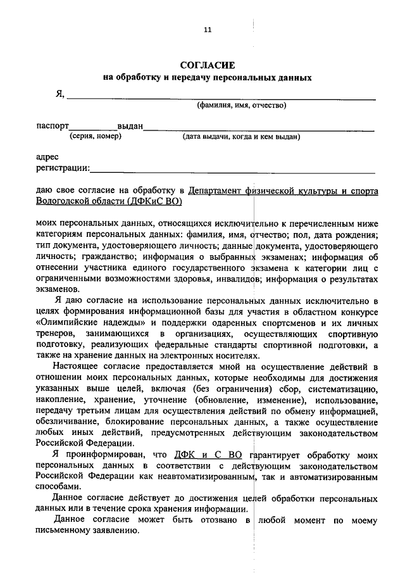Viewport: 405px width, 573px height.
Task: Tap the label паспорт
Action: point(53,127)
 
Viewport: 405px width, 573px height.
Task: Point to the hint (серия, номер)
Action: point(94,136)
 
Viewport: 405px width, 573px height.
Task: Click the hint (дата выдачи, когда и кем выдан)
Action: point(241,136)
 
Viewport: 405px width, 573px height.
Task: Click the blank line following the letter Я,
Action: point(221,96)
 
